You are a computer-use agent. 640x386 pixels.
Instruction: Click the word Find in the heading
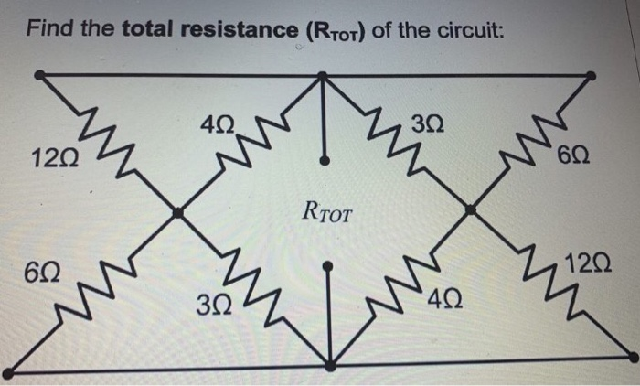pos(48,30)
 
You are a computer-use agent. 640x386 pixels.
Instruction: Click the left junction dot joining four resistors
pos(178,212)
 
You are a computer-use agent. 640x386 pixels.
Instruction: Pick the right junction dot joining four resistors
pos(470,210)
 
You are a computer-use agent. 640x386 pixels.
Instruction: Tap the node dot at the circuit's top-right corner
pos(592,75)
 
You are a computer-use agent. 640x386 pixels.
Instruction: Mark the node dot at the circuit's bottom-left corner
pos(7,372)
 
